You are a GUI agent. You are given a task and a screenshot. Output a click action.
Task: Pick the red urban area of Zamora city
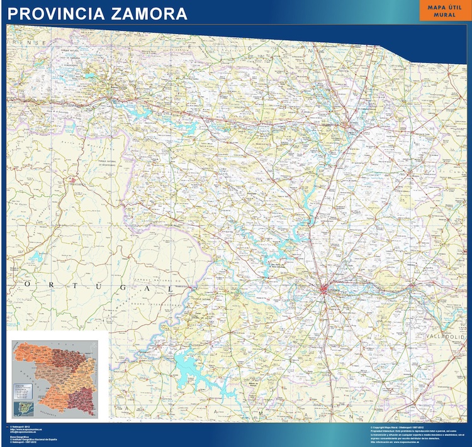[x=325, y=290]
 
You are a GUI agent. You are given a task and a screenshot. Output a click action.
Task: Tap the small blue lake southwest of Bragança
[x=36, y=257]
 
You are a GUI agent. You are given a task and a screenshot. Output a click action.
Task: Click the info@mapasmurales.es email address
[x=25, y=433]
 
